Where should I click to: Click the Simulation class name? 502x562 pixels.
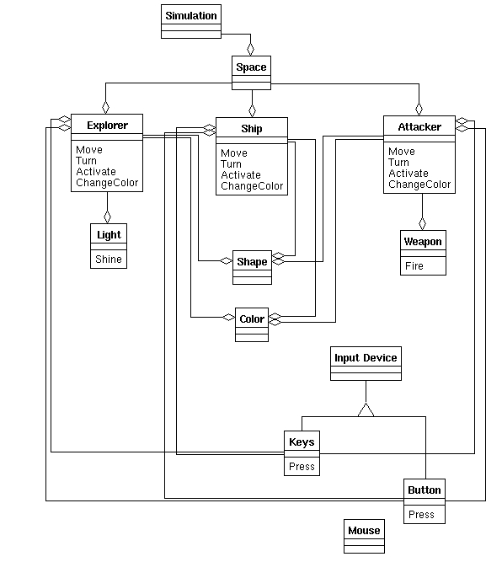coord(191,16)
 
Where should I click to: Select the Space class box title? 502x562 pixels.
coord(251,67)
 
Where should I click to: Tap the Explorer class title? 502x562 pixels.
coord(107,125)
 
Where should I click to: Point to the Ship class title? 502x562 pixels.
coord(252,129)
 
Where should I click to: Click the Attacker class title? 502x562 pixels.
coord(419,127)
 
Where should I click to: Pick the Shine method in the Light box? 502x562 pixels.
coord(109,260)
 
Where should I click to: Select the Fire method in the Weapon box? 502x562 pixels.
coord(414,266)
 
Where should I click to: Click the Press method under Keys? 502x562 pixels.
coord(302,466)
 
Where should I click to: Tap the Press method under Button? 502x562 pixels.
coord(421,514)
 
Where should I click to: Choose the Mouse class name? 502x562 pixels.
coord(364,531)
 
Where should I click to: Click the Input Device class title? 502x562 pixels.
coord(366,358)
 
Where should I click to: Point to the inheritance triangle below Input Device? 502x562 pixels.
coord(366,410)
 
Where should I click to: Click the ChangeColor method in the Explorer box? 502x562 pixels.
coord(107,183)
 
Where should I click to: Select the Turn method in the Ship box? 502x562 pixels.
coord(231,164)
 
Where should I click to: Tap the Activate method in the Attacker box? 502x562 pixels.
coord(409,174)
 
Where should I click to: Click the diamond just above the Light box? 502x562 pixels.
coord(107,217)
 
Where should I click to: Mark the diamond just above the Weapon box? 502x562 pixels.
coord(422,223)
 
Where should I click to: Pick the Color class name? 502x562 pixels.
coord(252,319)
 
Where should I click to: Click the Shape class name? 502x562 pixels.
coord(252,262)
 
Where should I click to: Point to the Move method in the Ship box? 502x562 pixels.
coord(234,153)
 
